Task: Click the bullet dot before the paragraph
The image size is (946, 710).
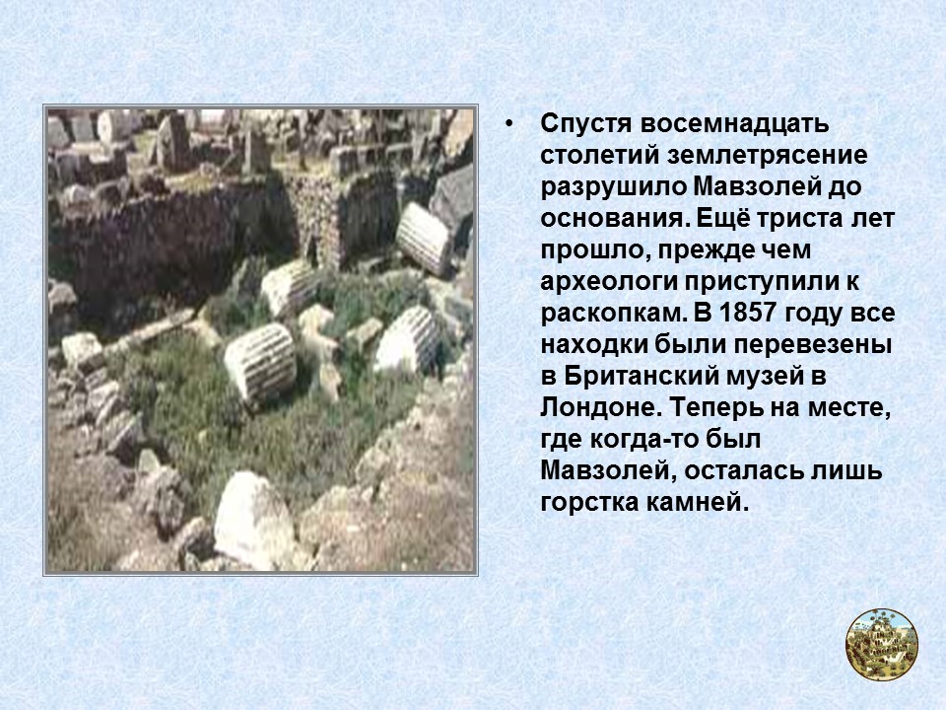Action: [x=508, y=126]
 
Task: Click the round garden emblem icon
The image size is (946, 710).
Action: [x=881, y=644]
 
